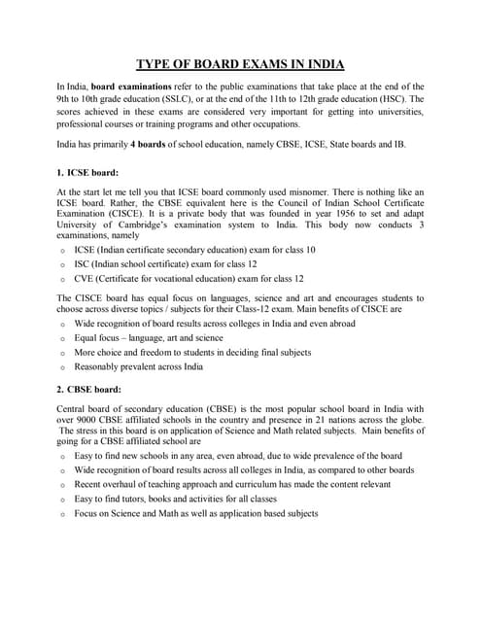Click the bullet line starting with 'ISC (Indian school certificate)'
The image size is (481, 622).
click(166, 265)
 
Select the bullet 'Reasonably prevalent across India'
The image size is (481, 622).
click(139, 367)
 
